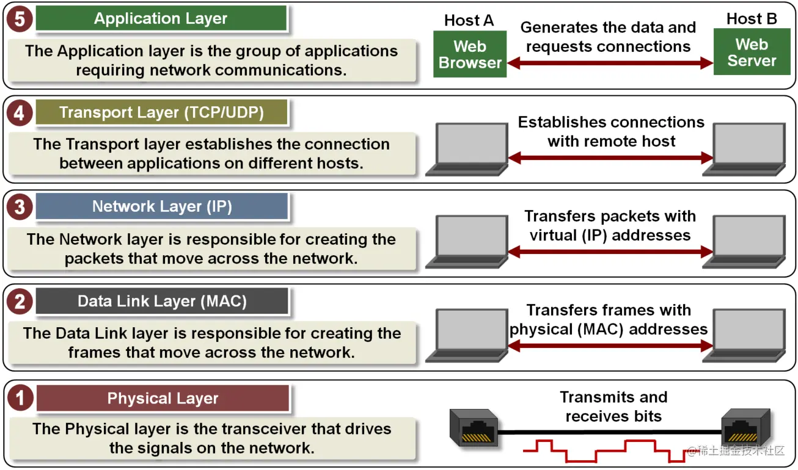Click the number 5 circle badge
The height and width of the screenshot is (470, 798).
pyautogui.click(x=20, y=19)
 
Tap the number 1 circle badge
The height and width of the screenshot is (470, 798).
pyautogui.click(x=20, y=399)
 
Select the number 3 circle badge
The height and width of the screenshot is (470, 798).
pyautogui.click(x=20, y=207)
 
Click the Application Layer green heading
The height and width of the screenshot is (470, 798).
pyautogui.click(x=161, y=18)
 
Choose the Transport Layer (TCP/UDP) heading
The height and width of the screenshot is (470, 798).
pyautogui.click(x=161, y=113)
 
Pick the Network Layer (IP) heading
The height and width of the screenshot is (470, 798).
pyautogui.click(x=161, y=206)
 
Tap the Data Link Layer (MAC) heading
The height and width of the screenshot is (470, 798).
pyautogui.click(x=161, y=301)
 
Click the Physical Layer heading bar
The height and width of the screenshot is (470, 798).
pyautogui.click(x=163, y=399)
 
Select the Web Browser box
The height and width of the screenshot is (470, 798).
pyautogui.click(x=470, y=54)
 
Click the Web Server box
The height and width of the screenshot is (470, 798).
pyautogui.click(x=751, y=53)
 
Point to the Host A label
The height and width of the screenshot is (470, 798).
pyautogui.click(x=469, y=20)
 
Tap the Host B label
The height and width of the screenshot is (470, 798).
pyautogui.click(x=752, y=19)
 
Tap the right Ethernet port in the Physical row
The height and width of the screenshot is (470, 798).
pyautogui.click(x=743, y=425)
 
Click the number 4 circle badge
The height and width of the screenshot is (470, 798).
pyautogui.click(x=20, y=114)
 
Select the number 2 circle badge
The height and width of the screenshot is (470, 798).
pyautogui.click(x=20, y=302)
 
